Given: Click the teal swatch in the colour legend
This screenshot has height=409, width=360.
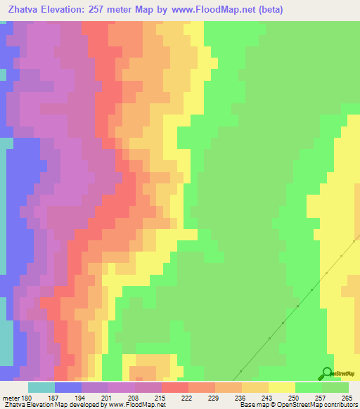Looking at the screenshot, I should [41, 387].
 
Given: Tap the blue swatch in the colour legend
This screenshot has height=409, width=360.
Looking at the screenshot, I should [68, 387].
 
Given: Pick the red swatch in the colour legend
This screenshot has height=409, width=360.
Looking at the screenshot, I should [175, 387].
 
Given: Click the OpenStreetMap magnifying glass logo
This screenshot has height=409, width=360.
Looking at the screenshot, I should [326, 372].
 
